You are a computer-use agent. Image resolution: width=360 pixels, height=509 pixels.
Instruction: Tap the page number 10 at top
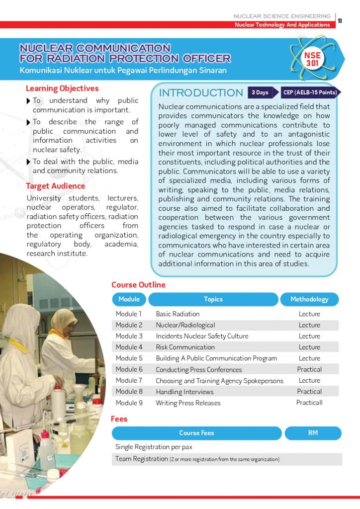340,20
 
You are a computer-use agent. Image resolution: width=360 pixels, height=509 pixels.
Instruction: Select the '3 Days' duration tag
260,92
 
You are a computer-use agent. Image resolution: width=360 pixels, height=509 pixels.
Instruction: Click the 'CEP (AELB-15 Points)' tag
309,92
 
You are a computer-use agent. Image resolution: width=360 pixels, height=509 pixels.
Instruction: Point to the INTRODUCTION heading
200,93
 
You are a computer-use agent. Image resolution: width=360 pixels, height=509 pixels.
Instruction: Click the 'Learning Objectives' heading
62,88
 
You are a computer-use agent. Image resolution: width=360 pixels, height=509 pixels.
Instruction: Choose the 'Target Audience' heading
55,186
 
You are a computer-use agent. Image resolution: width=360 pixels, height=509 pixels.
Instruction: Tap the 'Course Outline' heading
138,285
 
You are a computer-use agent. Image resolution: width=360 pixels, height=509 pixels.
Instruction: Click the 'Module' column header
129,299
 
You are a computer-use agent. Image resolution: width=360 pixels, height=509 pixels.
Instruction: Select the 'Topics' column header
213,299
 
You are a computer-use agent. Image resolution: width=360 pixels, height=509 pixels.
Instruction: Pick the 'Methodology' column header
309,299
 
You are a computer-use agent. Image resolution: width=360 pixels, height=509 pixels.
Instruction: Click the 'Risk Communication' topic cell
185,347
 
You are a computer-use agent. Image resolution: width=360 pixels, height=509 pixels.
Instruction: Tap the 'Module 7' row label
129,380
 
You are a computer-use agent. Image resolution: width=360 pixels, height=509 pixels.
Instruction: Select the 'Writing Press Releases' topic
188,403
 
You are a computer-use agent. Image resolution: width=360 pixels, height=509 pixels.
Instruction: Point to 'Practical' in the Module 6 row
309,369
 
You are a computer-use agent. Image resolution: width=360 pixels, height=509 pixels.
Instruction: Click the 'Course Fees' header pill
196,433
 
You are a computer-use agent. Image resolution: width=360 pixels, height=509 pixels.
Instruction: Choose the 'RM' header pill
313,433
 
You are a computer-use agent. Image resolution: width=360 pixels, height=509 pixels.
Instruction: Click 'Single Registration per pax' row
154,447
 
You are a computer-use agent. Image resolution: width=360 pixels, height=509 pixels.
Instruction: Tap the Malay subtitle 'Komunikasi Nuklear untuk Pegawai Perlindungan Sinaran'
123,71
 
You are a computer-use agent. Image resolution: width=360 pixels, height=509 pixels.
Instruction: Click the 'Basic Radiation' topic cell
178,314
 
